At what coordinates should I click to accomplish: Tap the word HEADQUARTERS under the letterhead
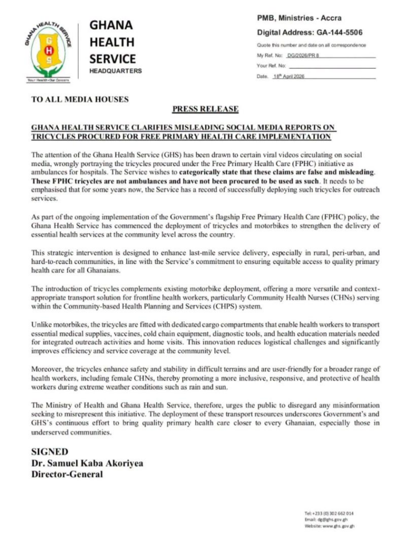115,71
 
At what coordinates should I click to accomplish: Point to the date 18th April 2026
292,77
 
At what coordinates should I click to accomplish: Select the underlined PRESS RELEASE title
205,109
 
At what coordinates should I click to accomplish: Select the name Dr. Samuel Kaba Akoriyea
88,463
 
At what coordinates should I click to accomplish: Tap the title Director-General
67,474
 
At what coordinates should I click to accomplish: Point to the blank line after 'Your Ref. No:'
332,66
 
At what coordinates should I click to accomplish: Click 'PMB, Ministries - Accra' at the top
299,18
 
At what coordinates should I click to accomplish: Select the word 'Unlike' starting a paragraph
43,325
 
